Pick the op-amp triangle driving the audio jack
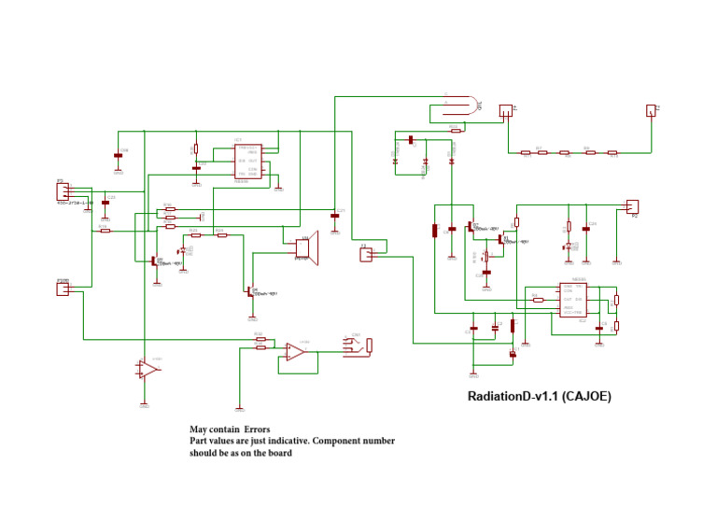[x=294, y=352]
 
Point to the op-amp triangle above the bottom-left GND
[x=148, y=370]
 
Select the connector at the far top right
[x=651, y=110]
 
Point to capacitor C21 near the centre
[x=335, y=217]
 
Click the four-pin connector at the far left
[x=63, y=190]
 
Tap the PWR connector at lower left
[x=63, y=289]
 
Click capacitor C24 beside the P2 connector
[x=586, y=228]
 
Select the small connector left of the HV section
[x=366, y=253]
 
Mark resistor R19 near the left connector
[x=105, y=231]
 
